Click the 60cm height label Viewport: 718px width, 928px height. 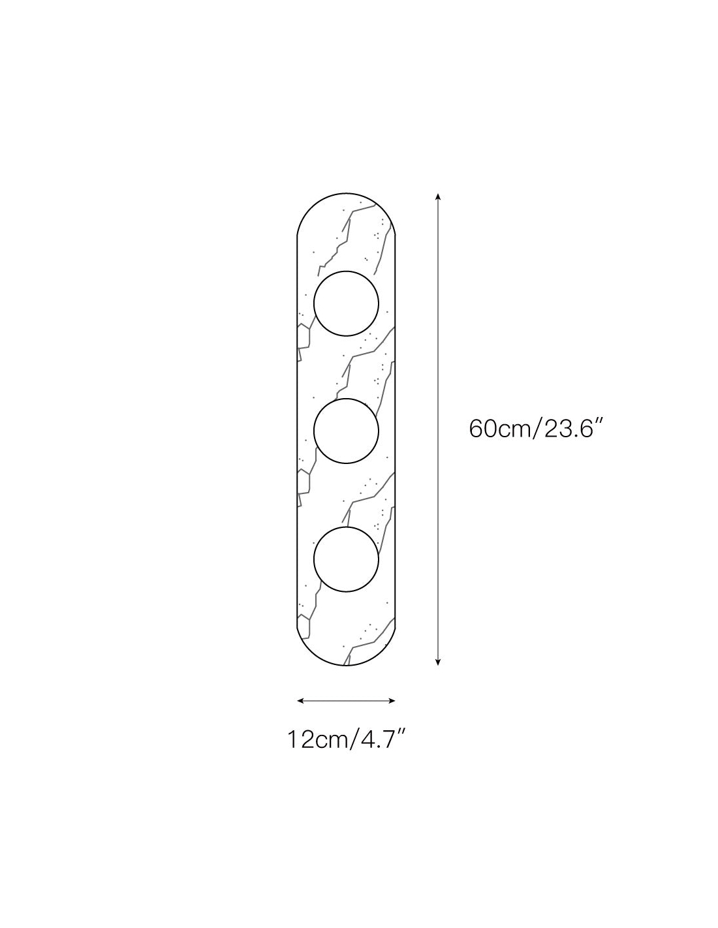pos(499,428)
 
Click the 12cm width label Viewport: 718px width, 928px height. pos(317,739)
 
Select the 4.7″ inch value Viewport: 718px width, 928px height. pos(382,739)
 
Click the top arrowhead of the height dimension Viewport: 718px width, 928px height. pos(437,197)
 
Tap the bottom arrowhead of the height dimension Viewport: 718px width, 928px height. pos(437,662)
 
